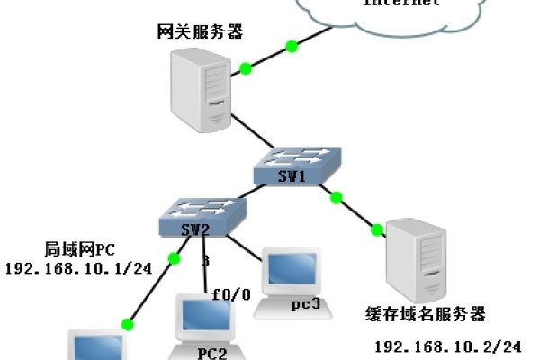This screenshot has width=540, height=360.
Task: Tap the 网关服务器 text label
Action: (x=199, y=32)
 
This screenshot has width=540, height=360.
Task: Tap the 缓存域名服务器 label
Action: (x=426, y=314)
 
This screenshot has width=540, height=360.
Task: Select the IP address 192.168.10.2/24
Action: (x=447, y=346)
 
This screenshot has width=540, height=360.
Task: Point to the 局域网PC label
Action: (x=82, y=249)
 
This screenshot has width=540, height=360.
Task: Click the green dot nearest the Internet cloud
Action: (x=291, y=45)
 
